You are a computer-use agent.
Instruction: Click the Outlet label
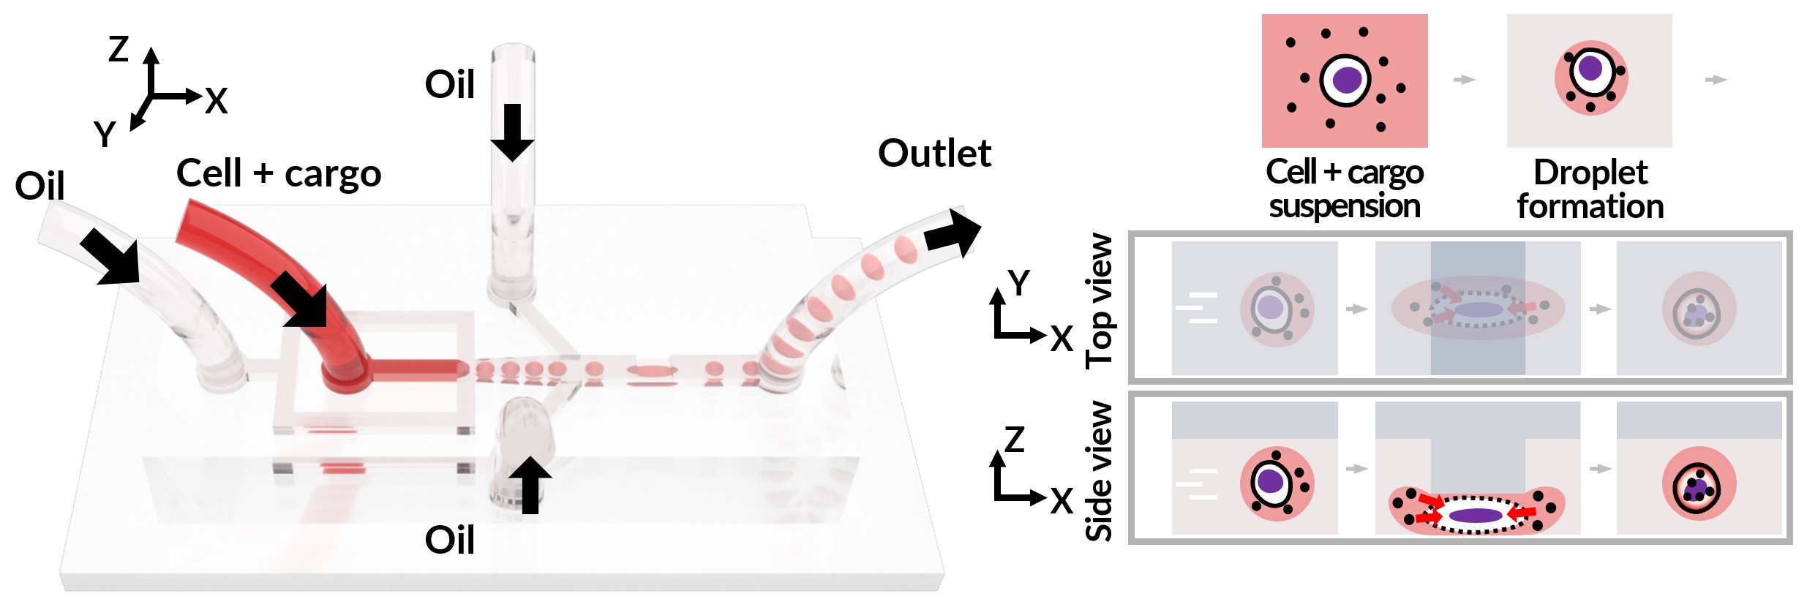(934, 154)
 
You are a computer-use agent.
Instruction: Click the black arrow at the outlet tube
(952, 233)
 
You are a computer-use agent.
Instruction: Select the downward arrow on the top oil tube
(512, 132)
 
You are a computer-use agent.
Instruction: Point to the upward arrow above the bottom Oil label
(530, 484)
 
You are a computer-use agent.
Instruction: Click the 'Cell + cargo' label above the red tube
(279, 174)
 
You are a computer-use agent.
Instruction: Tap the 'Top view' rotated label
(1100, 300)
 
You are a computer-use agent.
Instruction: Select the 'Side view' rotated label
(1100, 471)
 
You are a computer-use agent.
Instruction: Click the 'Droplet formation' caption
(1590, 189)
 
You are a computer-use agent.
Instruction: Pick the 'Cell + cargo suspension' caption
(1345, 189)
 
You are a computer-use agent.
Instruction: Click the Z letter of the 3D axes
(119, 49)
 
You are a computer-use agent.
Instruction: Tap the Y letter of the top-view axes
(1018, 282)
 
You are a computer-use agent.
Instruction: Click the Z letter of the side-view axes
(1015, 440)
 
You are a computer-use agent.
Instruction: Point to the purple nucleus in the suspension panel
(1346, 80)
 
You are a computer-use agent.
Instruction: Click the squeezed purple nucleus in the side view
(1476, 516)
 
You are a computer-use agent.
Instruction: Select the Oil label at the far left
(40, 186)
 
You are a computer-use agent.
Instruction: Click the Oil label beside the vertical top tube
(450, 84)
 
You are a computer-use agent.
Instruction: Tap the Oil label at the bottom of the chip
(450, 541)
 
